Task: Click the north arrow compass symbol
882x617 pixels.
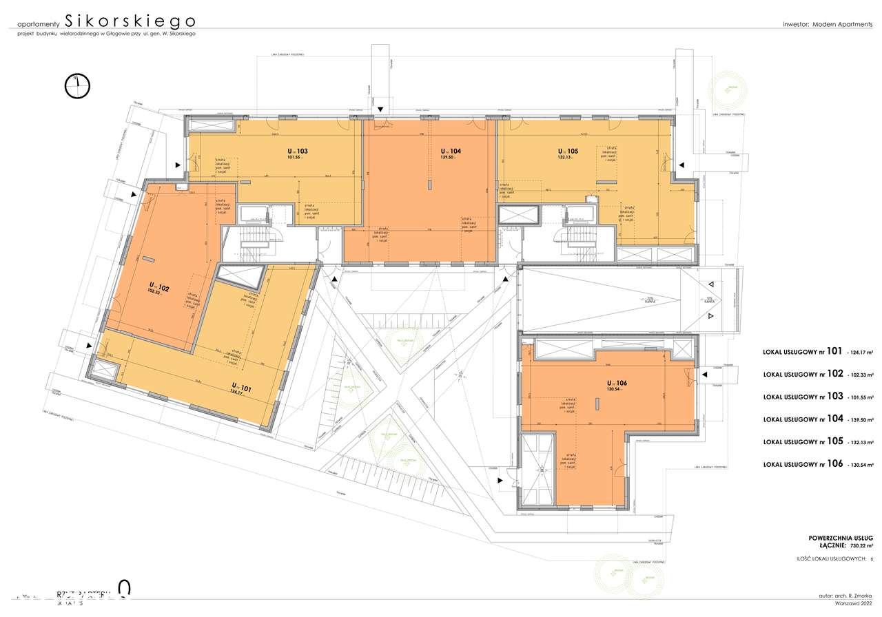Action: (77, 84)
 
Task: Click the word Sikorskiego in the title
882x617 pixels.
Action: (130, 20)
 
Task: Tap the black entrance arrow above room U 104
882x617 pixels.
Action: (379, 109)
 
